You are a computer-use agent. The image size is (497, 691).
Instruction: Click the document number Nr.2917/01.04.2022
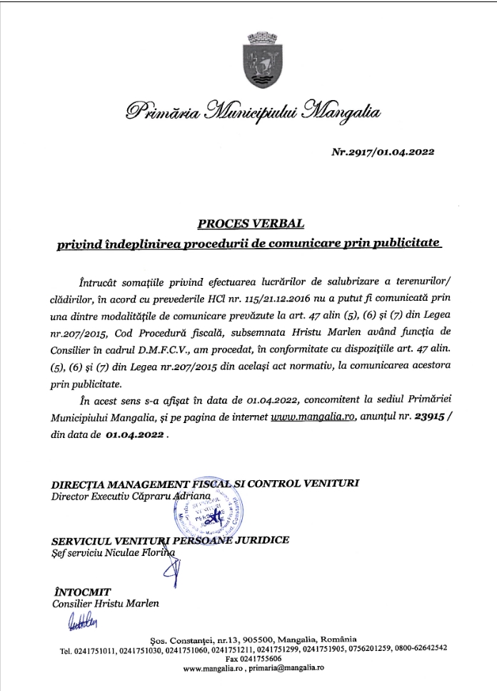click(393, 151)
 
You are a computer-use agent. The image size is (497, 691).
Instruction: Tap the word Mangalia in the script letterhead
click(343, 111)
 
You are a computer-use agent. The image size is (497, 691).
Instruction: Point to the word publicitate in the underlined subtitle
click(400, 244)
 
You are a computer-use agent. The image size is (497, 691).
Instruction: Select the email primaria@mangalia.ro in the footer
click(284, 667)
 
